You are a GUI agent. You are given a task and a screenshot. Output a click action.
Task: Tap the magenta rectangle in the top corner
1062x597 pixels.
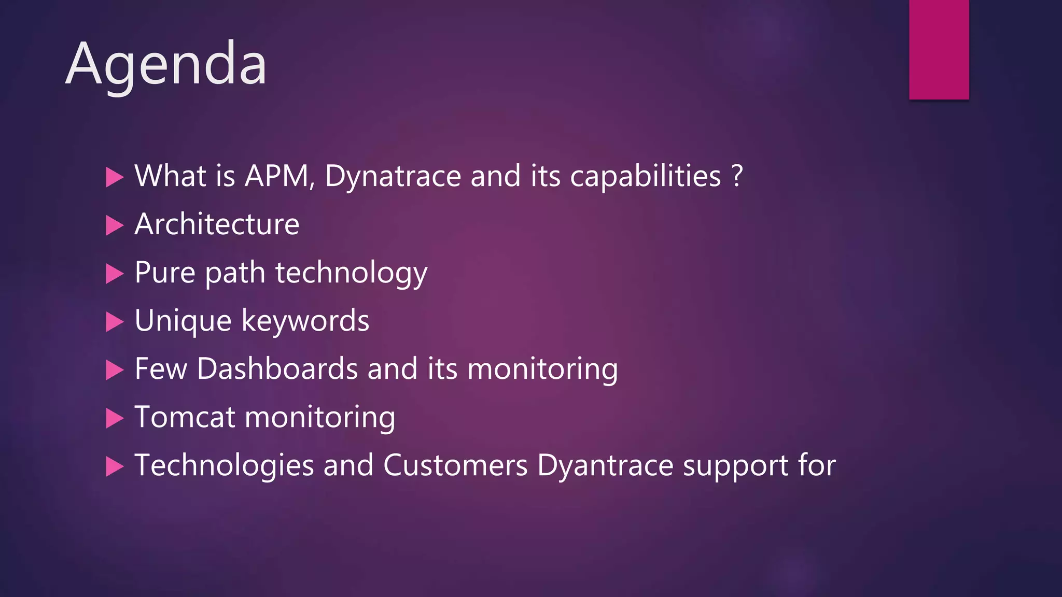(x=939, y=49)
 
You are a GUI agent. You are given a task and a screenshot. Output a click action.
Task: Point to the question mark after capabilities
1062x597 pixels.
(x=737, y=176)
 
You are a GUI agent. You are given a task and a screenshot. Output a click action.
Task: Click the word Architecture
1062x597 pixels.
(x=217, y=224)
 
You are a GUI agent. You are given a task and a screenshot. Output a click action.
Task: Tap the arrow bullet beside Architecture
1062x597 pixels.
(x=115, y=225)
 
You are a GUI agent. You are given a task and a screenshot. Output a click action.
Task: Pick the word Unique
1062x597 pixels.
(x=183, y=321)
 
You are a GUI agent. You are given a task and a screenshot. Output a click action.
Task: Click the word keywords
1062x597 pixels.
(x=305, y=321)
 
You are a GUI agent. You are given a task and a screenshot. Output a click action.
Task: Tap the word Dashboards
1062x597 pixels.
(x=277, y=369)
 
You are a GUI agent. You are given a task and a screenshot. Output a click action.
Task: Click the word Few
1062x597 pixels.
(x=161, y=369)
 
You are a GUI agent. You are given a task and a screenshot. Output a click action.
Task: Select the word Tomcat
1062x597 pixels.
(x=184, y=417)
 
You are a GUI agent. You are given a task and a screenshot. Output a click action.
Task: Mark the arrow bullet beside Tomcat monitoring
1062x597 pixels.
(x=115, y=418)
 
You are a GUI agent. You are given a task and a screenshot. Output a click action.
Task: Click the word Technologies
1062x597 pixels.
(x=224, y=466)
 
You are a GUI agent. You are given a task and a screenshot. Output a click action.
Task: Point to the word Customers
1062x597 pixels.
(x=455, y=465)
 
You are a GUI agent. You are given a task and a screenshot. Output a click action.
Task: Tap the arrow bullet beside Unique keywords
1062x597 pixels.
(x=115, y=322)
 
